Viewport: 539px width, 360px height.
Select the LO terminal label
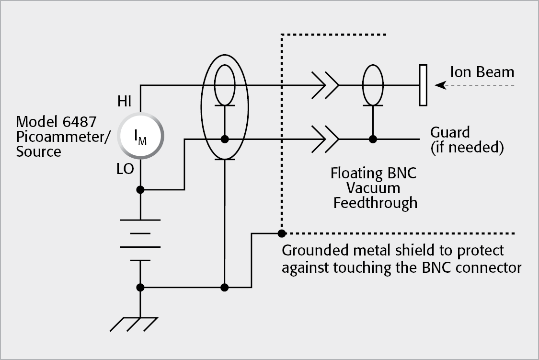(x=126, y=169)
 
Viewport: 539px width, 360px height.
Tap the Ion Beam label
(x=482, y=72)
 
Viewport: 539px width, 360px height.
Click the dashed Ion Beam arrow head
(x=438, y=85)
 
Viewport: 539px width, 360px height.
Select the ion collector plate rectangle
(x=423, y=85)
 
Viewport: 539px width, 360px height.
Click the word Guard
(x=450, y=132)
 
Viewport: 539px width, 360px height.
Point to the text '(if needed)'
(x=467, y=148)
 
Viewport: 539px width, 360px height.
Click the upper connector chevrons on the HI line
(x=325, y=85)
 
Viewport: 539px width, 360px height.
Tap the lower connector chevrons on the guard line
(x=325, y=139)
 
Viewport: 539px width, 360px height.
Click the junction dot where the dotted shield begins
(x=282, y=233)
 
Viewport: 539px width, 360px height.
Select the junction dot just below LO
(x=140, y=190)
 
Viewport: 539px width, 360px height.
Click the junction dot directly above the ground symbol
(x=140, y=288)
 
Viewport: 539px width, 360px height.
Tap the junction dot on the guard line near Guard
(x=372, y=139)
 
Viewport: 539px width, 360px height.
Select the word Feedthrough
(x=375, y=203)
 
